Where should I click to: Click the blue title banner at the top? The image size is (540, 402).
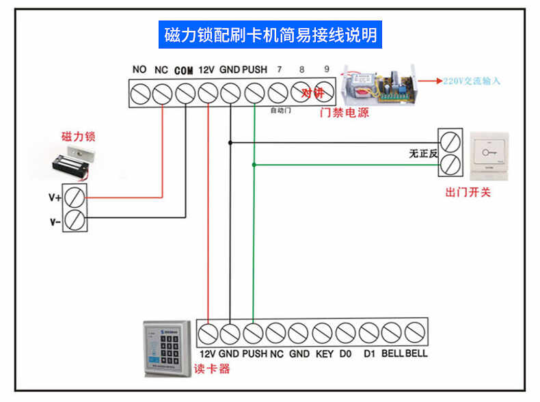(271, 34)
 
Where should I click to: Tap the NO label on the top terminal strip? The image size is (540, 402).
(139, 70)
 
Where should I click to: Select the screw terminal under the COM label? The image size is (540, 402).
(185, 92)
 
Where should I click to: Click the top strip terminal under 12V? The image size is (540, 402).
(208, 92)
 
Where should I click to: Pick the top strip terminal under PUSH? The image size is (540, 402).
(254, 92)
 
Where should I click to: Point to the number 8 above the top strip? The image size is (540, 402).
(302, 70)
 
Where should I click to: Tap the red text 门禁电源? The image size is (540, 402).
(345, 113)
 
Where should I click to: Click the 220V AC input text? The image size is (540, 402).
(472, 81)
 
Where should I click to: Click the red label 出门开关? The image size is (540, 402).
(468, 192)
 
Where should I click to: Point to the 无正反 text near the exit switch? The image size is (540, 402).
(422, 154)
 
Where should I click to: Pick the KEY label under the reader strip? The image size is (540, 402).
(324, 354)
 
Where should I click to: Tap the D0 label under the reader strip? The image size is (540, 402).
(346, 354)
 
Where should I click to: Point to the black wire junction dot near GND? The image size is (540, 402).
(231, 142)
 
